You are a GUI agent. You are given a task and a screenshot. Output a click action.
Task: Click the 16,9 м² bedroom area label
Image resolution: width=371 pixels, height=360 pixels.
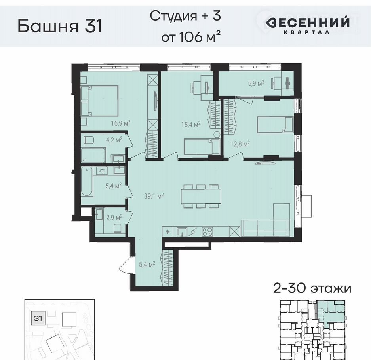pyautogui.click(x=121, y=123)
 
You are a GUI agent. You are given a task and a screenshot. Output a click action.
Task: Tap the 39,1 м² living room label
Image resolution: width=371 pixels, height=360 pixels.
pyautogui.click(x=154, y=196)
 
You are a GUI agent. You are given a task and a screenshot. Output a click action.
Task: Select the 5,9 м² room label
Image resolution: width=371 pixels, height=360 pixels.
pyautogui.click(x=256, y=83)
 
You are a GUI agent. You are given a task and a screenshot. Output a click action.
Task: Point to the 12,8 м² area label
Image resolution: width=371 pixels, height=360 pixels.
pyautogui.click(x=240, y=144)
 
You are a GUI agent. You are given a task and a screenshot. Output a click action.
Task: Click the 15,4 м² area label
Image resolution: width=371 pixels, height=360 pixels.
pyautogui.click(x=191, y=124)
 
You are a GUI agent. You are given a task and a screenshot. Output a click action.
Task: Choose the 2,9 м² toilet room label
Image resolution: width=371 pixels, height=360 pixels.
pyautogui.click(x=114, y=217)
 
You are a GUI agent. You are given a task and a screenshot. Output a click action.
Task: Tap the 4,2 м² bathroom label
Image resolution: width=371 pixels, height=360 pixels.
pyautogui.click(x=114, y=140)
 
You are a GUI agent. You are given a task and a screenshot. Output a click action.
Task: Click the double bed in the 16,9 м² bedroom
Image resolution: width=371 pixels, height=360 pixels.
pyautogui.click(x=99, y=101)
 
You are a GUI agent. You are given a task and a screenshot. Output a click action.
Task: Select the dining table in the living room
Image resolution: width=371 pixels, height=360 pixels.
pyautogui.click(x=201, y=197)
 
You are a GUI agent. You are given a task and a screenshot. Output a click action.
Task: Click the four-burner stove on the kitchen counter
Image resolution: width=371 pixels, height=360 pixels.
pyautogui.click(x=207, y=232)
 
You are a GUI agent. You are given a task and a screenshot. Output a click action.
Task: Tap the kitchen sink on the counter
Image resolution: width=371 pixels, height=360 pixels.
pyautogui.click(x=182, y=232)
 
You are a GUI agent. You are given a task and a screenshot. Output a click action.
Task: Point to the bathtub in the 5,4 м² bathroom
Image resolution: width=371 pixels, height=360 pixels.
pyautogui.click(x=87, y=182)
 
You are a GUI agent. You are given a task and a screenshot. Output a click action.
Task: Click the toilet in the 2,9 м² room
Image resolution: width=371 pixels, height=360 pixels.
pyautogui.click(x=118, y=229)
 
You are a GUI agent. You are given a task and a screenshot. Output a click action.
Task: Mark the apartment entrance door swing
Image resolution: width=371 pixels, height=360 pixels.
pyautogui.click(x=125, y=265)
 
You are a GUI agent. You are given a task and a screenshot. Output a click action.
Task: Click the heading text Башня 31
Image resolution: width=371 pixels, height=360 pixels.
pyautogui.click(x=60, y=26)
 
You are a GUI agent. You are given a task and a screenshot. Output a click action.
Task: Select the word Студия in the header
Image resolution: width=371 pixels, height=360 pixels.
pyautogui.click(x=173, y=16)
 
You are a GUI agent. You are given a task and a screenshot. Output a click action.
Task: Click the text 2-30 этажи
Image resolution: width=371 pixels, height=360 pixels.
pyautogui.click(x=312, y=289)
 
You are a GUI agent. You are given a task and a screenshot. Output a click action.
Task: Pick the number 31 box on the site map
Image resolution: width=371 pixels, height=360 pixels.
pyautogui.click(x=38, y=318)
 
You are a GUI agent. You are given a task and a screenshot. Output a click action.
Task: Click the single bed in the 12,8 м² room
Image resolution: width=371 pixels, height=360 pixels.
pyautogui.click(x=275, y=125)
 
